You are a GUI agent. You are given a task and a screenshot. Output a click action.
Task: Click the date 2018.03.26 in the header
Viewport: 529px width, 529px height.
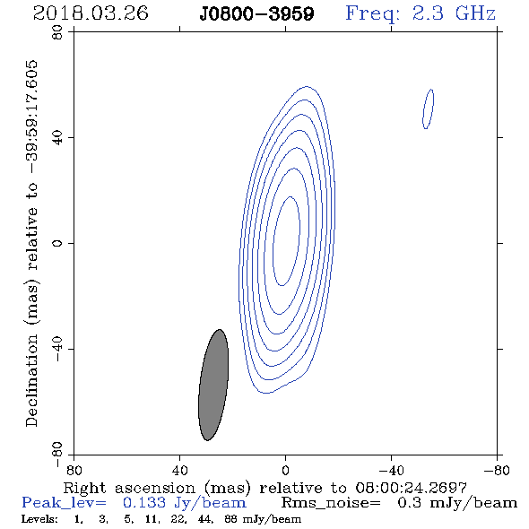pos(91,13)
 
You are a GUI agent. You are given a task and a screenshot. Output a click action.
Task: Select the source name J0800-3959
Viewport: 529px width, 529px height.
pos(256,14)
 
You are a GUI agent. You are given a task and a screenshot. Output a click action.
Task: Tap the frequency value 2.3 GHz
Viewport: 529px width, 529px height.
pos(454,13)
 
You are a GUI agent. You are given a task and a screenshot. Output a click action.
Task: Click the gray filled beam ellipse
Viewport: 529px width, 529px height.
pos(213,385)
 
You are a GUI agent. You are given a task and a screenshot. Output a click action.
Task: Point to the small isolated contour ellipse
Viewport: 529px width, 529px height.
pos(428,108)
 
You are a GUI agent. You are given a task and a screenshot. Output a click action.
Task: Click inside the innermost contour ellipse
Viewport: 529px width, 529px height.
pos(286,241)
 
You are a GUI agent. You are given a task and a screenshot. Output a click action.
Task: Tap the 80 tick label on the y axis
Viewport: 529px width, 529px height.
pos(57,32)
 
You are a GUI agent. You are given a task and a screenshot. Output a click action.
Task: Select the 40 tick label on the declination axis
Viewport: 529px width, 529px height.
pos(57,138)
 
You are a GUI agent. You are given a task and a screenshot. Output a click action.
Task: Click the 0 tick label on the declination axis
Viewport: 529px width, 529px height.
pos(57,243)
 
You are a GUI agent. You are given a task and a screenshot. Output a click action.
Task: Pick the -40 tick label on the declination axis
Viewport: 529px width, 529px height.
pos(57,349)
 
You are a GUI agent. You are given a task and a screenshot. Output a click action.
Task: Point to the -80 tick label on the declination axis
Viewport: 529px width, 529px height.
pos(57,454)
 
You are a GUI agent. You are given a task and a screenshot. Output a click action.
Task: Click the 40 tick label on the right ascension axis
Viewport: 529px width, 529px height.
pos(179,470)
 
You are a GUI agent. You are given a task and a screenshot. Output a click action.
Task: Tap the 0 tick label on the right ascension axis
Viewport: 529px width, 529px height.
pos(285,470)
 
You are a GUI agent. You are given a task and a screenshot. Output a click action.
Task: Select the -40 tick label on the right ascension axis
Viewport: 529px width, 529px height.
pos(391,470)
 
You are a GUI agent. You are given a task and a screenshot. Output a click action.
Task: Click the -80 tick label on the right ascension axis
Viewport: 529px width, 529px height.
pos(497,470)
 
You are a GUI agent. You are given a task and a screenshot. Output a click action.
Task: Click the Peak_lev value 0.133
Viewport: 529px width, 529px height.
pos(144,503)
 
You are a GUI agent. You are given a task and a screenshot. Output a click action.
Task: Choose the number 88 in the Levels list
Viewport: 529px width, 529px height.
pos(230,519)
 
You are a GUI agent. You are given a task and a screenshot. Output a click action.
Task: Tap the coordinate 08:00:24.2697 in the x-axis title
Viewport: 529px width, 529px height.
pos(411,488)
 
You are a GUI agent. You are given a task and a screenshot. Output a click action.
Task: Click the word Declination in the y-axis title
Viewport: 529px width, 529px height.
pos(31,380)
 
